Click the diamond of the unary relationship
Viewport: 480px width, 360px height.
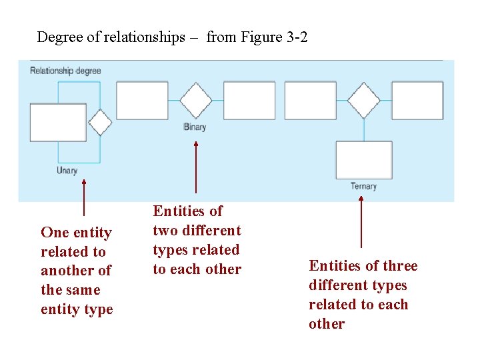click(101, 122)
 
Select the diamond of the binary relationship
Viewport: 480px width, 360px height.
click(196, 101)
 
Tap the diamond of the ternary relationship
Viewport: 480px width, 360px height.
click(363, 101)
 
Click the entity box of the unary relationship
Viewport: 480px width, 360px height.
click(58, 123)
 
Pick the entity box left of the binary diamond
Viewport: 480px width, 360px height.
click(142, 101)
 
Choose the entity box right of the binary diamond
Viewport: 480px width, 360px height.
click(249, 101)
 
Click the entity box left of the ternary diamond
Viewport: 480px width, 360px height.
click(310, 101)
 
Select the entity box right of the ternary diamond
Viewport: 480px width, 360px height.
click(417, 101)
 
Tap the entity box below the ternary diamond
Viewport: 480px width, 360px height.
click(363, 160)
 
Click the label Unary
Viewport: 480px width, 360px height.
click(67, 171)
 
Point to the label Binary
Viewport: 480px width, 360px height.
click(195, 127)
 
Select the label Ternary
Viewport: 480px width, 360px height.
click(363, 186)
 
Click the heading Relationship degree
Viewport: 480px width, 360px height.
click(65, 71)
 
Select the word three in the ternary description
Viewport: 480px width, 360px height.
click(401, 266)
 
